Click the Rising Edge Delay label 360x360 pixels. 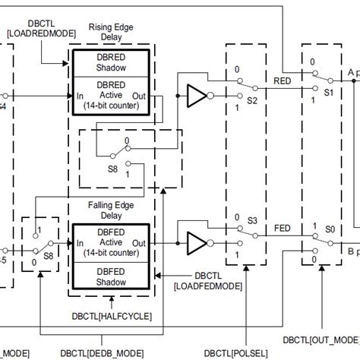coord(112,33)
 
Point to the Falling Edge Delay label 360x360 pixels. coord(112,210)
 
